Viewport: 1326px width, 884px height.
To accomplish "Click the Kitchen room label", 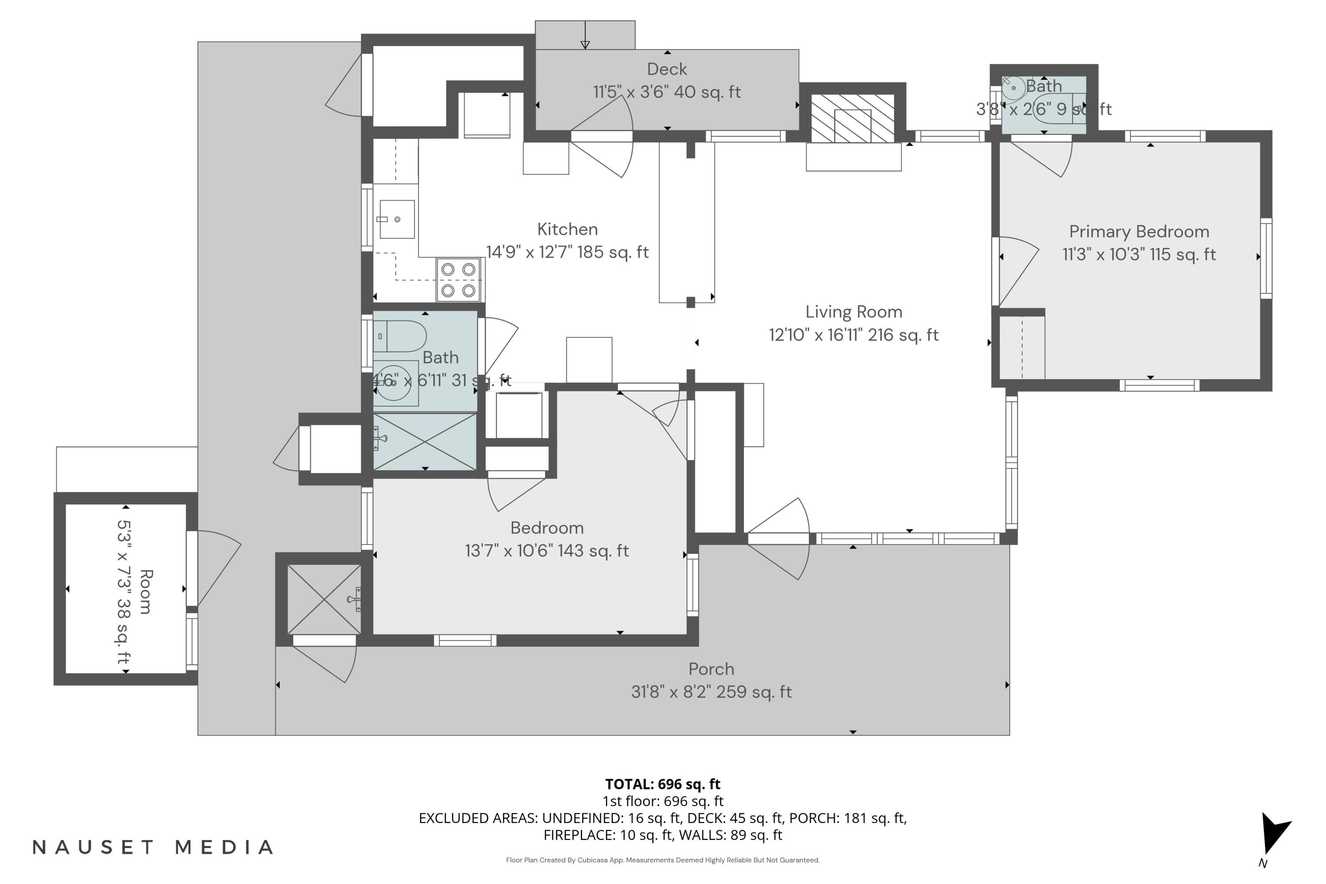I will [567, 229].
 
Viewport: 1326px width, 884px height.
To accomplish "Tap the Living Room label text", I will [854, 312].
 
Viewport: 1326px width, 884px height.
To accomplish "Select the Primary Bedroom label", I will [1139, 232].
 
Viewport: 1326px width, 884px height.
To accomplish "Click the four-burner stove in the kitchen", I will [458, 280].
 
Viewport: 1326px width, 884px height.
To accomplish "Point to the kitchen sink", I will [397, 219].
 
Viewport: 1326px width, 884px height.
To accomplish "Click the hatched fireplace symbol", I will [853, 118].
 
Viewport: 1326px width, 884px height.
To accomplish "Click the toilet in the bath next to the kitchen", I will [399, 336].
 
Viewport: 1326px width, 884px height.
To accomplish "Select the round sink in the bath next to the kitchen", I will [393, 383].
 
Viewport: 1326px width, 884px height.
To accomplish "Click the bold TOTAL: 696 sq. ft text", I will [663, 784].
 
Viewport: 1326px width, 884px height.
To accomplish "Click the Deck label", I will [667, 69].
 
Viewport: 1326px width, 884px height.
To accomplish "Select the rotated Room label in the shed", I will [145, 591].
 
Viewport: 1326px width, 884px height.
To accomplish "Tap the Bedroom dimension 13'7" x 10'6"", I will [546, 551].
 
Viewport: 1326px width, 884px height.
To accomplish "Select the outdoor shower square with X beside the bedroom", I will [324, 599].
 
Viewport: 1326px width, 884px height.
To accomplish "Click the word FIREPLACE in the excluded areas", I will [579, 835].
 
